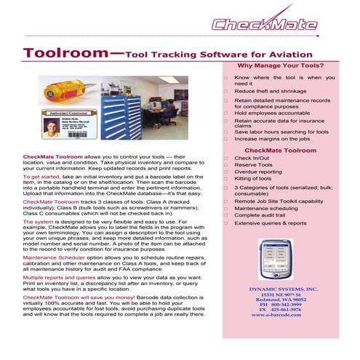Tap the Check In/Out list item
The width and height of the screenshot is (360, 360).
coord(253,157)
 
